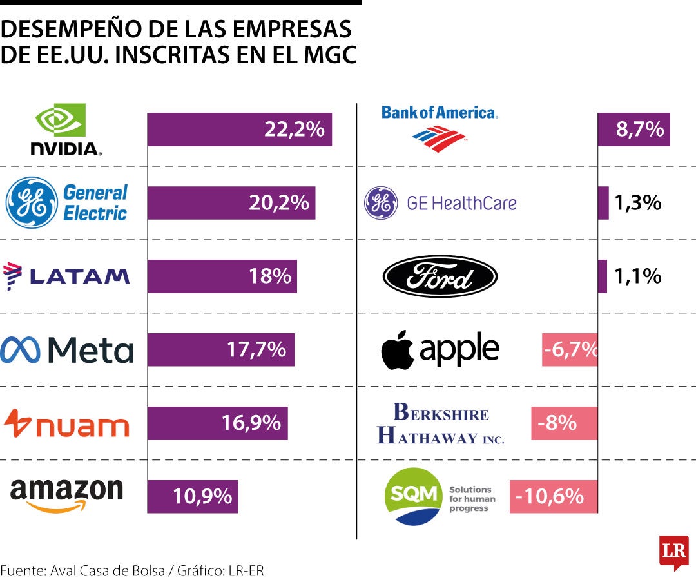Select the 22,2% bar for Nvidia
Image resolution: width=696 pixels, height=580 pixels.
(x=239, y=130)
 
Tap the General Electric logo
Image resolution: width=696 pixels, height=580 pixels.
(x=67, y=203)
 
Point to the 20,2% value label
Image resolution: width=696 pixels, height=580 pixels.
(x=279, y=203)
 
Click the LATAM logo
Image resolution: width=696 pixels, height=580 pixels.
(x=67, y=276)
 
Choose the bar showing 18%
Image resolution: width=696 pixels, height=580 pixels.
(x=222, y=276)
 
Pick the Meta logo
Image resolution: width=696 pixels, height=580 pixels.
(x=67, y=350)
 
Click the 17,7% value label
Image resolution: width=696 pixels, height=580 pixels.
(x=256, y=350)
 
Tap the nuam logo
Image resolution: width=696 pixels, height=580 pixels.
(x=67, y=423)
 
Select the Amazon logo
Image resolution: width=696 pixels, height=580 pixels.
(x=66, y=495)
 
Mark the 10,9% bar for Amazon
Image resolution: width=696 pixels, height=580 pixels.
(x=193, y=497)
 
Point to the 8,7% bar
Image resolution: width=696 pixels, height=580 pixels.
(x=634, y=130)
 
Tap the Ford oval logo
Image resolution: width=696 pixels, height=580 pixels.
(x=440, y=276)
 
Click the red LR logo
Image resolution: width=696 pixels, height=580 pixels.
(x=673, y=552)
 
